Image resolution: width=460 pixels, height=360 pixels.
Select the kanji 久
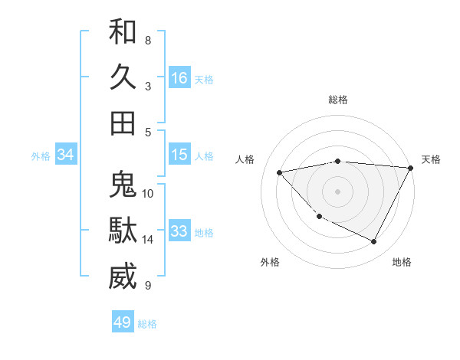click(123, 77)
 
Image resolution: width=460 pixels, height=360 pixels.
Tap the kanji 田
click(123, 123)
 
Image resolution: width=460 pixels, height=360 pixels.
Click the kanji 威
click(123, 277)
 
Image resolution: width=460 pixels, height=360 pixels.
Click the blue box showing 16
click(179, 78)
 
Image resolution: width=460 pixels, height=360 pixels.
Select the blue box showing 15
click(179, 155)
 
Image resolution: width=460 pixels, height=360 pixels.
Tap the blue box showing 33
click(179, 232)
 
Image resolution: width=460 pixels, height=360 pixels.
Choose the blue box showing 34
click(66, 155)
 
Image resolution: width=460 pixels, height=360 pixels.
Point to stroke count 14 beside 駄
click(148, 240)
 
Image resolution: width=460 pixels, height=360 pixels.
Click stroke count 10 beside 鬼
click(148, 193)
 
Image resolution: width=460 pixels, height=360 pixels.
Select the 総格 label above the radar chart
click(338, 100)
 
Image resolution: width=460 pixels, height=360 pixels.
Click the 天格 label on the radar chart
click(431, 159)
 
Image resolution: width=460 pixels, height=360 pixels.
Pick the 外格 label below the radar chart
click(270, 262)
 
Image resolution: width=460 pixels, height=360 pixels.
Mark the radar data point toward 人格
click(280, 172)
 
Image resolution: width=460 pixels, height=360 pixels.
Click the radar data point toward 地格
click(374, 242)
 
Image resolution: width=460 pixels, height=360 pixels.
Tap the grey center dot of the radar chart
click(338, 191)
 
